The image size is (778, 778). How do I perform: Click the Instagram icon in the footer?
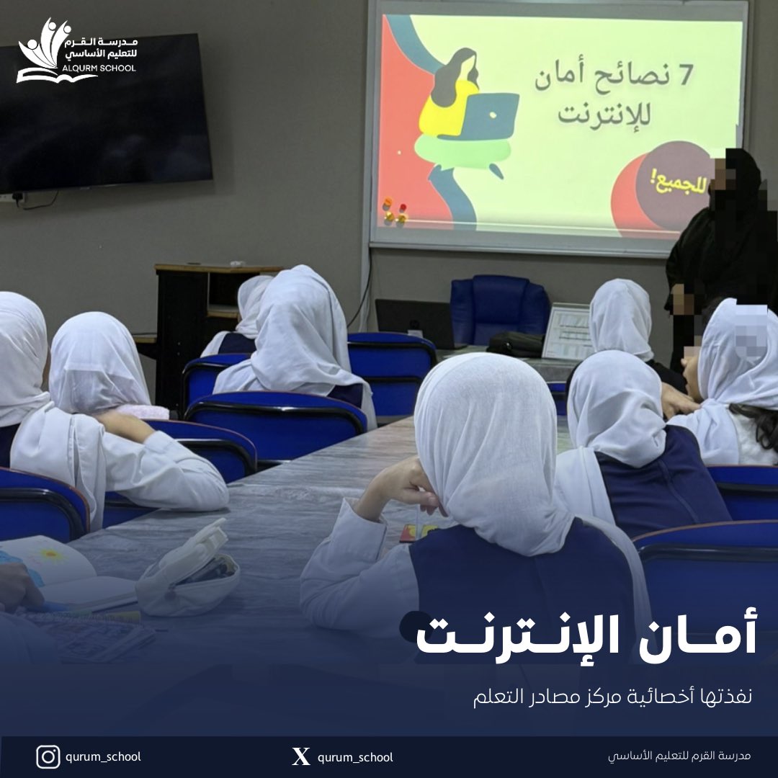click(48, 756)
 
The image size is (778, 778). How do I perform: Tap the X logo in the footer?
click(301, 756)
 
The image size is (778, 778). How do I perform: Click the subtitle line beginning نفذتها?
click(612, 698)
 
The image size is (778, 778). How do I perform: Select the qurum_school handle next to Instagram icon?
click(103, 756)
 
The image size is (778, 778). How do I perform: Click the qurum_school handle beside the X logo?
click(355, 756)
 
